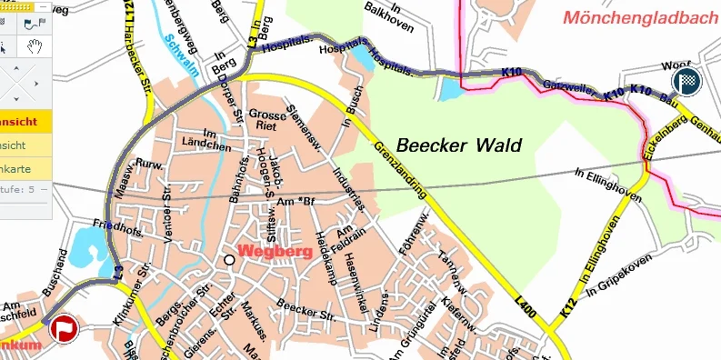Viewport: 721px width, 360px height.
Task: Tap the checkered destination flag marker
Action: pyautogui.click(x=686, y=81)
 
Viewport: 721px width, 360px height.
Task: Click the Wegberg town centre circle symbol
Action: pyautogui.click(x=229, y=260)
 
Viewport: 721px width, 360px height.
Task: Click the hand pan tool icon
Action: pyautogui.click(x=35, y=46)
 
